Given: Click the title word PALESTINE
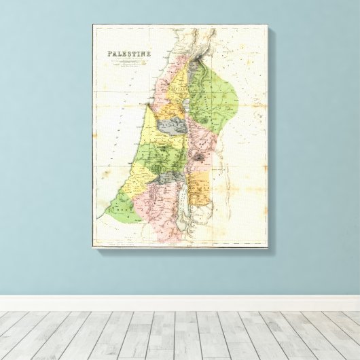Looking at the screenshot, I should click(x=129, y=54).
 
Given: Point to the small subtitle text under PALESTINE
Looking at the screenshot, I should click(x=129, y=65).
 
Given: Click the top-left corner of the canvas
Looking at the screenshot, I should click(x=93, y=25).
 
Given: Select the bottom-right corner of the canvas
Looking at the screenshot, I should click(x=268, y=247).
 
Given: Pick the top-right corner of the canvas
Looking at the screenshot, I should click(x=268, y=25).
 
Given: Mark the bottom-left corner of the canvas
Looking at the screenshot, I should click(x=93, y=247).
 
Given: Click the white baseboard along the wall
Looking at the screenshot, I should click(x=180, y=303).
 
